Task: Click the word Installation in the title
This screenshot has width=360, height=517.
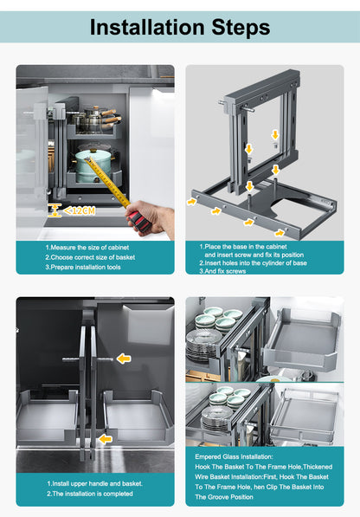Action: tap(148, 27)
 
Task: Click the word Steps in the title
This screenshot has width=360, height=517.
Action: tap(241, 28)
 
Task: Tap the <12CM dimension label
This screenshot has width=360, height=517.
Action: tap(79, 210)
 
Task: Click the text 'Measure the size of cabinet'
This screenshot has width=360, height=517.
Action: tap(90, 248)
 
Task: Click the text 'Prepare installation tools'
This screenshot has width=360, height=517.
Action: tap(86, 267)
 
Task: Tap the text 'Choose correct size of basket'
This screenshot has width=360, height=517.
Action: tap(93, 257)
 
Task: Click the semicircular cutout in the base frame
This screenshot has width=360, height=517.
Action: tap(287, 204)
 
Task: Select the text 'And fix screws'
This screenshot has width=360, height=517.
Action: tap(225, 271)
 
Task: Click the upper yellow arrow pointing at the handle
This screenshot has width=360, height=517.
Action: tap(124, 359)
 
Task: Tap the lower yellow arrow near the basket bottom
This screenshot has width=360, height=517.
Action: tap(105, 439)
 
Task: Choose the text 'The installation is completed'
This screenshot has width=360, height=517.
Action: tap(93, 494)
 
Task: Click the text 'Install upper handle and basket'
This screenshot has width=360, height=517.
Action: tap(97, 484)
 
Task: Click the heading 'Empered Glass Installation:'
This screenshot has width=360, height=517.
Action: tap(234, 456)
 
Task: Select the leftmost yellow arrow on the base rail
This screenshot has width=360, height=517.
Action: tap(191, 201)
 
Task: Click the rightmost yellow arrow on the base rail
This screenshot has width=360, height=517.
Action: tap(280, 233)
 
